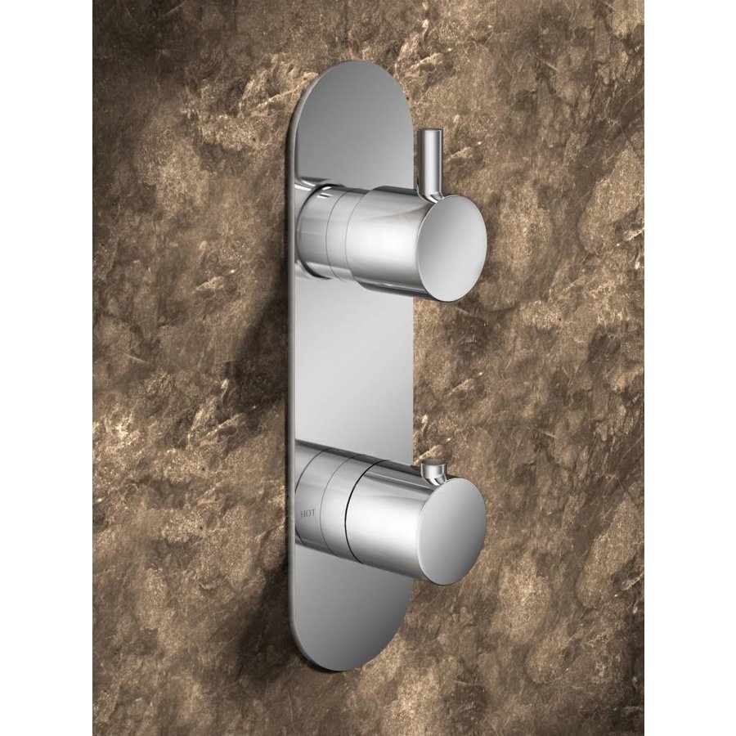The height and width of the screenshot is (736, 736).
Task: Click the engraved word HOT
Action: point(307,514)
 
